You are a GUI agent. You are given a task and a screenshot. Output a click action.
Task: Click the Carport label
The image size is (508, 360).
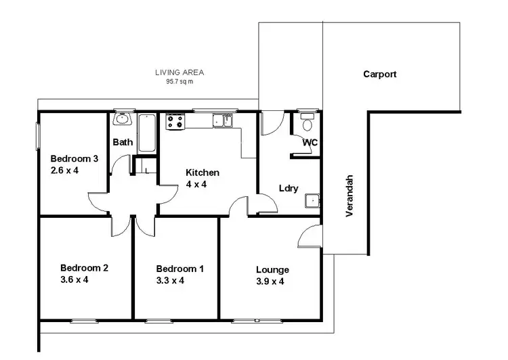379,74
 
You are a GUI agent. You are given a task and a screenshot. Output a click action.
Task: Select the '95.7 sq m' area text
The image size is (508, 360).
179,81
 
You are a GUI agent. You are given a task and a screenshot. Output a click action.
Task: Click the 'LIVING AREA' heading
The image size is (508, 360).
179,72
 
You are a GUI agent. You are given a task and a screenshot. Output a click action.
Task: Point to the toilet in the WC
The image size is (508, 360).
307,122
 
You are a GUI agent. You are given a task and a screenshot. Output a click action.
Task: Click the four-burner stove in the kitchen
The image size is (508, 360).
175,121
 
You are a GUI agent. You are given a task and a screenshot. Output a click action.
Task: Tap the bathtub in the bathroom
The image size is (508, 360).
147,133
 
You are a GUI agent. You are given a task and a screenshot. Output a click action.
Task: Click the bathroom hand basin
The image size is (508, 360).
122,120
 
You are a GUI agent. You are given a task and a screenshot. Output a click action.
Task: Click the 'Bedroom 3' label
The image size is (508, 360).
75,159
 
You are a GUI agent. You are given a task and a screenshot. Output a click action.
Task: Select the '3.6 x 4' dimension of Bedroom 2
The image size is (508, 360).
74,279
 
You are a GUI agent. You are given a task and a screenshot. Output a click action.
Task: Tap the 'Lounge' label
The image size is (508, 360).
272,269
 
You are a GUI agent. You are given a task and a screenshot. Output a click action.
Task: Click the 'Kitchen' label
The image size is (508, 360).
203,173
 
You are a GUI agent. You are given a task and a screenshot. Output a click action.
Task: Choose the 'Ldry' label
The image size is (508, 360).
289,189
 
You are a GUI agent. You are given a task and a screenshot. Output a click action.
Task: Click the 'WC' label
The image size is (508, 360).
310,142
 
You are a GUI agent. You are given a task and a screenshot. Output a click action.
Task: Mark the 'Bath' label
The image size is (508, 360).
123,142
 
